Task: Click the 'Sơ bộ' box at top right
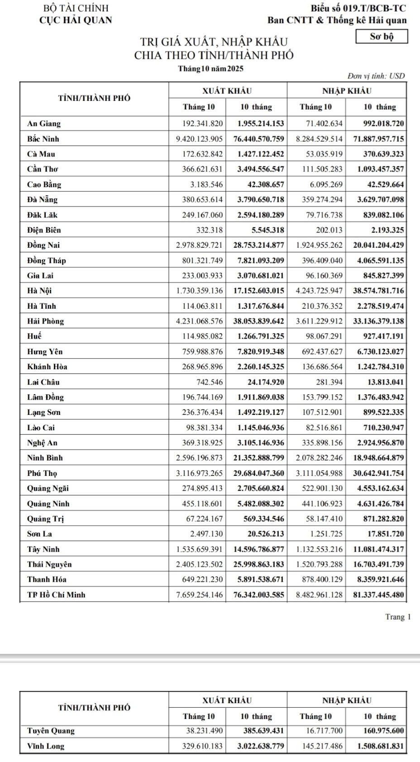pos(382,37)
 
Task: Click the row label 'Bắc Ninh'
pos(43,139)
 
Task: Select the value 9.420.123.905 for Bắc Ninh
pos(199,139)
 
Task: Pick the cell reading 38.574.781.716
pos(378,291)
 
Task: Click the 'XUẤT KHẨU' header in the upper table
pos(227,91)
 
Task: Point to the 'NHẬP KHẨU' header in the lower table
pos(347,700)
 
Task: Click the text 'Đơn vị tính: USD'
pos(375,76)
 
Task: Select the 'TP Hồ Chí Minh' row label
pos(56,594)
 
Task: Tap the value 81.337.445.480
pos(378,594)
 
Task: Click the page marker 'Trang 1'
pos(398,617)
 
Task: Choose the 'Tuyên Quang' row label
pos(51,730)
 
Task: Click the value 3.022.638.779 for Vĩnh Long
pos(261,746)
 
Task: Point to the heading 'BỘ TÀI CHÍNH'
pos(76,8)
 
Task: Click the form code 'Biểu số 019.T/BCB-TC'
pos(358,8)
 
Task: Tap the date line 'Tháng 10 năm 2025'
pos(211,69)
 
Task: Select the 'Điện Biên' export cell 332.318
pos(209,230)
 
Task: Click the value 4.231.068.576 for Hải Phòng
pos(199,321)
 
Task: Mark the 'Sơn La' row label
pos(39,534)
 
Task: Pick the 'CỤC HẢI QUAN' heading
pos(76,20)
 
